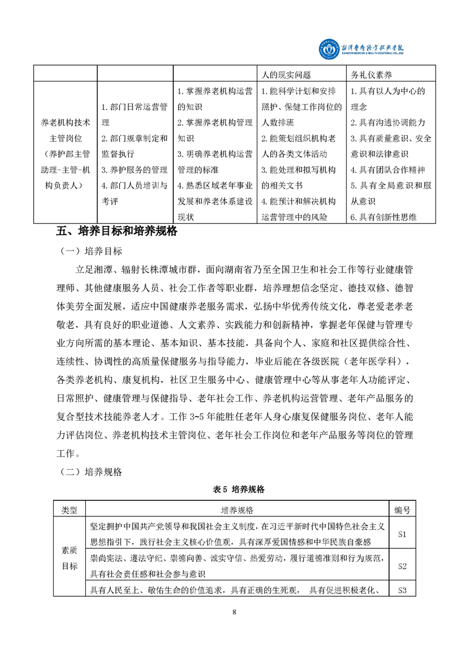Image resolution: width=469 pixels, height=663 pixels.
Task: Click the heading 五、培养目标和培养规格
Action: [x=117, y=231]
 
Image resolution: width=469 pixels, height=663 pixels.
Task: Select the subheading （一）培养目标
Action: [x=92, y=251]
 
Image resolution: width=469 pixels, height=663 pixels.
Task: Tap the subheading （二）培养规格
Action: [x=92, y=472]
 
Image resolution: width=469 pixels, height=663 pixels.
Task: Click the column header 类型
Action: [x=70, y=509]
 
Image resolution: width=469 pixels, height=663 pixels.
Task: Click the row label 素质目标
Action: [x=70, y=558]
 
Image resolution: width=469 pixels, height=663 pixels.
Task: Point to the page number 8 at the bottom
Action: [x=235, y=612]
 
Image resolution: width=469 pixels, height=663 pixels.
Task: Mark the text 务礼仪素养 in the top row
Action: [x=373, y=76]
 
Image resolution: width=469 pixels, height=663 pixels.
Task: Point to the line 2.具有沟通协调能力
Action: [x=387, y=123]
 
